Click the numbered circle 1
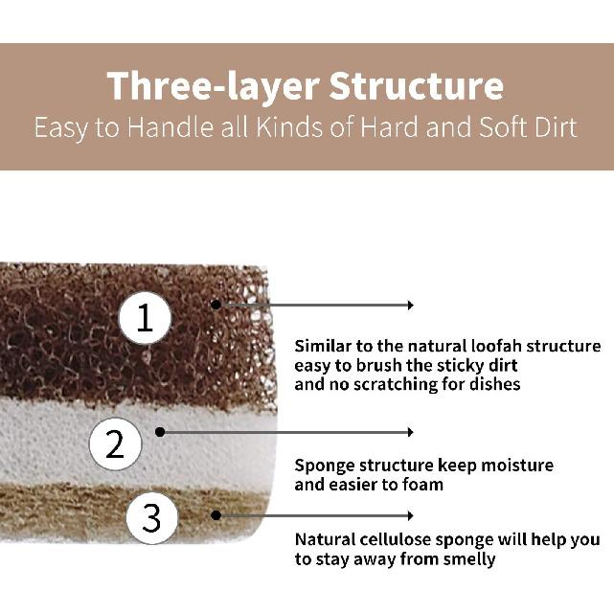(146, 317)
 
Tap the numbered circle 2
(116, 443)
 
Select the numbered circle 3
(151, 518)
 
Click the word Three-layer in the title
(211, 85)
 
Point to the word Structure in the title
(416, 85)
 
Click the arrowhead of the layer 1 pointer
(410, 305)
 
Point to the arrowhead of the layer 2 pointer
(410, 432)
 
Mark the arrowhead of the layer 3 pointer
(410, 515)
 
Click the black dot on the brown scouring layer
(216, 305)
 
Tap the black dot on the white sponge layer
(160, 432)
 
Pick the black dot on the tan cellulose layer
(216, 515)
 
